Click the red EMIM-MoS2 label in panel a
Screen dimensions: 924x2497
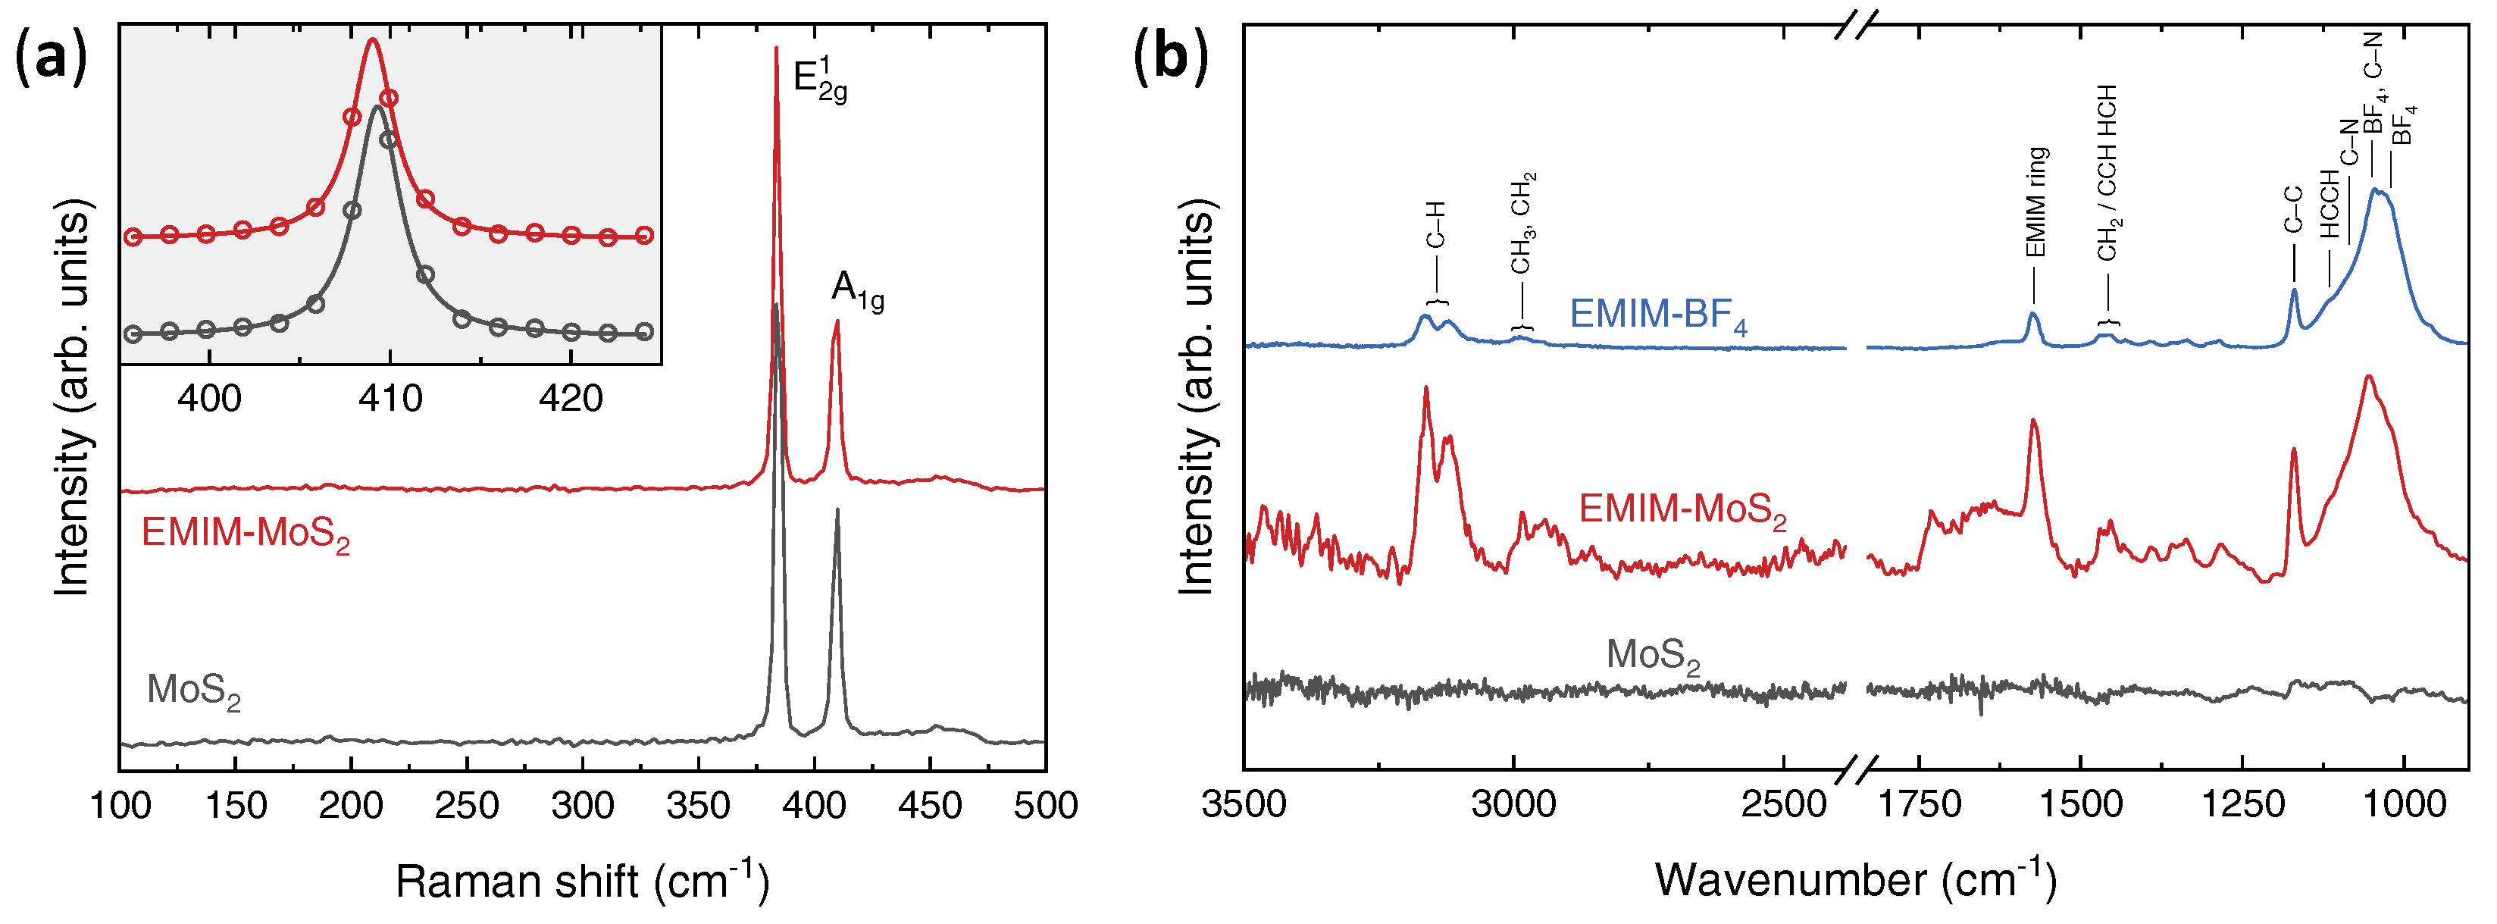(x=246, y=534)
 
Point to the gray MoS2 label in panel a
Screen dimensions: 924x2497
(x=193, y=691)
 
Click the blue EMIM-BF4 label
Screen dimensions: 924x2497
(x=1657, y=315)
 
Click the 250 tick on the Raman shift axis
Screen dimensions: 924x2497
(x=466, y=806)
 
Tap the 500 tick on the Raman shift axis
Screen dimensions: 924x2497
(x=1045, y=806)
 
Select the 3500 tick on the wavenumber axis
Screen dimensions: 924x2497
(x=1244, y=805)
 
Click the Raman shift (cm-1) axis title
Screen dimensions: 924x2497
(x=581, y=880)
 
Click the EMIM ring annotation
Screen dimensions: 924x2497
(x=2035, y=202)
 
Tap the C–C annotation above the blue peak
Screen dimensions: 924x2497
(x=2292, y=211)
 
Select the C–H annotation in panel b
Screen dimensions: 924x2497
(x=1435, y=225)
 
